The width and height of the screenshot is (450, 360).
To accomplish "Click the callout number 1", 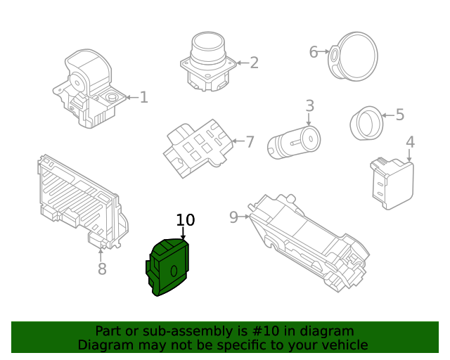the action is pos(143,97).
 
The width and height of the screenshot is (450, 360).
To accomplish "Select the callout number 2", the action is pos(255,63).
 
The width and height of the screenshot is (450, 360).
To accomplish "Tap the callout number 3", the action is pos(309,105).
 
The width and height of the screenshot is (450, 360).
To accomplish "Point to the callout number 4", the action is pos(411,142).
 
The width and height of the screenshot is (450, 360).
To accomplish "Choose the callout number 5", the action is pos(400,115).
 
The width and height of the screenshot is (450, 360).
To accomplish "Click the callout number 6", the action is pos(314,52).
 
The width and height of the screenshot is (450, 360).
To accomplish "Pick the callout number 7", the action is pos(250,142).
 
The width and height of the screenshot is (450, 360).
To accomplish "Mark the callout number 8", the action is pos(102,269).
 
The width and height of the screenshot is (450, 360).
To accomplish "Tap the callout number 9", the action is pos(234,217).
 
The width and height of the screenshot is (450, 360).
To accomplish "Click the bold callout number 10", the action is pos(186,220).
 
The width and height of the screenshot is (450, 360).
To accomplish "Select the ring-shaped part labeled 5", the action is pos(366,123).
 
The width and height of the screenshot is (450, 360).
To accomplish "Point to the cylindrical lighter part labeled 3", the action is pos(294,142).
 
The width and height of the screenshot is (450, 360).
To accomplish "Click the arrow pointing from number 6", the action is pos(324,51).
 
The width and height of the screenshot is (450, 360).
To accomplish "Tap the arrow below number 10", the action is pos(183,233).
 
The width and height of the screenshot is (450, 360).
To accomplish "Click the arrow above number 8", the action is pos(101,255).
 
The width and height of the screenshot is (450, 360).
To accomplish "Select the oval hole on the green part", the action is pos(174,271).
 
